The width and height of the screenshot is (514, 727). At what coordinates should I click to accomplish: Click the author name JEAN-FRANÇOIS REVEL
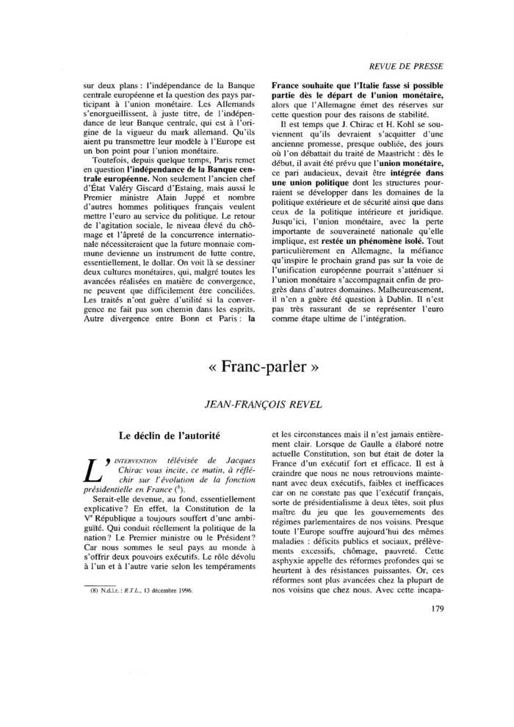[x=257, y=403]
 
